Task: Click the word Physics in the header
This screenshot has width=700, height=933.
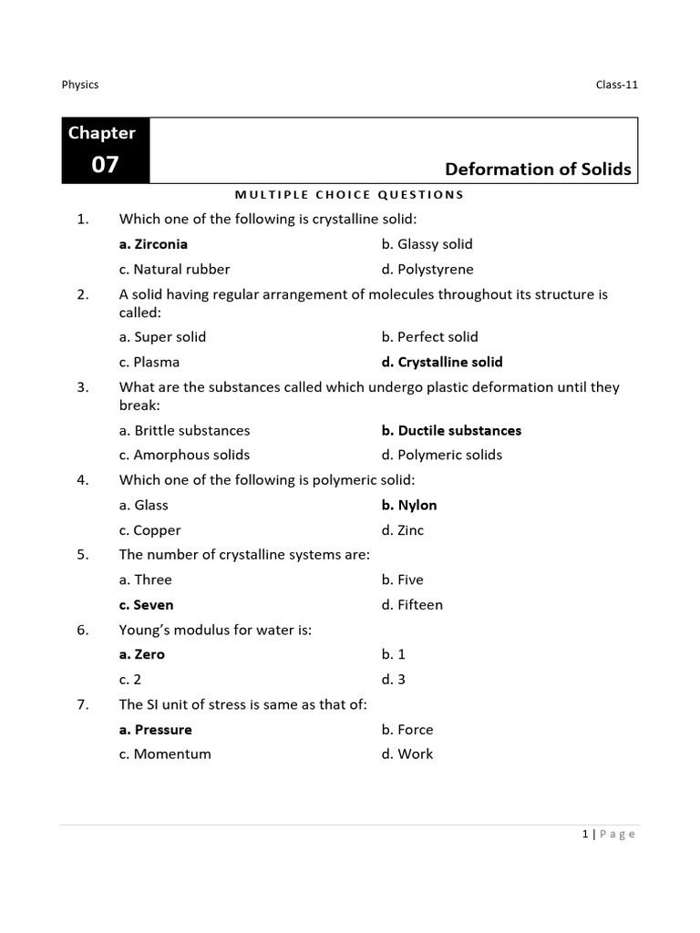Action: [80, 85]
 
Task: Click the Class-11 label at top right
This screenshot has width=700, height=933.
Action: [617, 85]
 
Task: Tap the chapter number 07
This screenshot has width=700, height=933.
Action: [105, 165]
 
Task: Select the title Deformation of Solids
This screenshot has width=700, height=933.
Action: [538, 169]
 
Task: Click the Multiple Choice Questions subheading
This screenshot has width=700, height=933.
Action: [349, 194]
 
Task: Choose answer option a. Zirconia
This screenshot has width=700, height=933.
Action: [153, 244]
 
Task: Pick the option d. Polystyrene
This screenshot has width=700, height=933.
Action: [427, 270]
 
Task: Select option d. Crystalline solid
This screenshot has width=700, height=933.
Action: [442, 362]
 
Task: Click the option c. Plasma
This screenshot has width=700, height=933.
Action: [149, 362]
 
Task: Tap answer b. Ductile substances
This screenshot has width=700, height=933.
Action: [451, 430]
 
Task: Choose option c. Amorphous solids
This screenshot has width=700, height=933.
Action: [184, 455]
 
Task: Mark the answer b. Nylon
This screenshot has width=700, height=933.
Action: [409, 505]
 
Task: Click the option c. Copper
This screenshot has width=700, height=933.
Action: [150, 530]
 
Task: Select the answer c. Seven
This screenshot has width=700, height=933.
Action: [146, 605]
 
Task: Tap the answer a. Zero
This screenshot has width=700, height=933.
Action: [142, 654]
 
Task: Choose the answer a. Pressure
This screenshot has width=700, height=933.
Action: [156, 729]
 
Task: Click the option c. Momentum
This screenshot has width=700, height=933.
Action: [165, 754]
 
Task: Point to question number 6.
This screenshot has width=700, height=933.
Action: [82, 630]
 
